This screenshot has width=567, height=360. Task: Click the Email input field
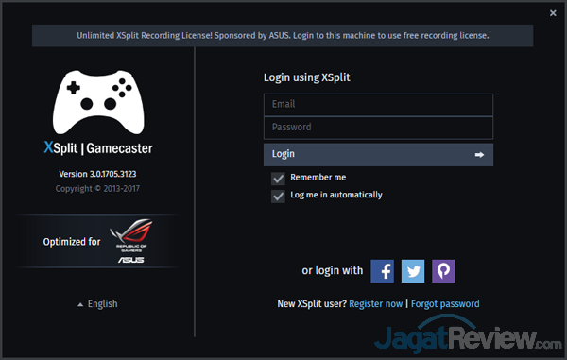click(378, 104)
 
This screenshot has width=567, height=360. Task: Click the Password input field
click(378, 128)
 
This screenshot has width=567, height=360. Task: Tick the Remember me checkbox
click(278, 178)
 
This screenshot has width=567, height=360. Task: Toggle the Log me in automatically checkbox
click(278, 196)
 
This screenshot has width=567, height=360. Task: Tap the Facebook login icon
click(382, 271)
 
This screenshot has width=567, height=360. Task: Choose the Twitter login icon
click(413, 271)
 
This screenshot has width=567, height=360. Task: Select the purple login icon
click(443, 271)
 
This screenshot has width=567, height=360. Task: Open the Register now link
click(375, 304)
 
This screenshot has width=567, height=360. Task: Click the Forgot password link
click(445, 304)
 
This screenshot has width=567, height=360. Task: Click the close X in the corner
click(553, 12)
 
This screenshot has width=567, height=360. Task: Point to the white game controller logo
click(99, 99)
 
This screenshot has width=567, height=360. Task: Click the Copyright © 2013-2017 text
click(98, 189)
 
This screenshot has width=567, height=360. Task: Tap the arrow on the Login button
click(479, 154)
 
